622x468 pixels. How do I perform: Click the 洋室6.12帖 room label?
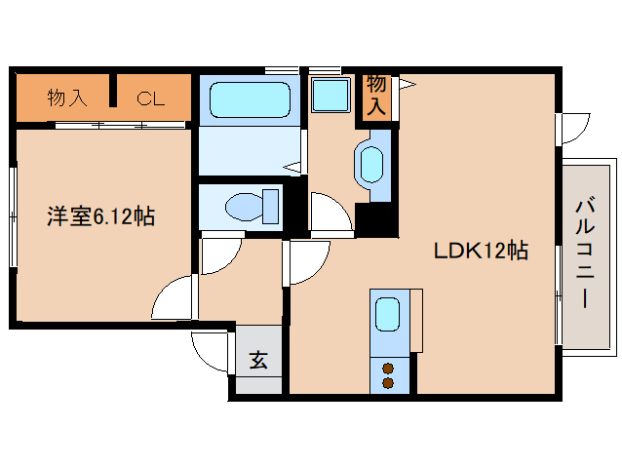[101, 216]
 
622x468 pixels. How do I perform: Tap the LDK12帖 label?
[481, 251]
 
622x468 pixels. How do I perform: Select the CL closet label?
[151, 98]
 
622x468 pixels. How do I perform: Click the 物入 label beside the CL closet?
[67, 97]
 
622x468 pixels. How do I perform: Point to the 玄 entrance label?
[258, 360]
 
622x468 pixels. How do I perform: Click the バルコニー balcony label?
[585, 253]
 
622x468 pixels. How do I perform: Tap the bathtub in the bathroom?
[250, 100]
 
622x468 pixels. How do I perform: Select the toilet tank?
[271, 207]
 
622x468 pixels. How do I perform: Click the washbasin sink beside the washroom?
[371, 165]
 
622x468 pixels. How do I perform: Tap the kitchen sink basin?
[387, 315]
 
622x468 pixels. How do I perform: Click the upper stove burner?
[388, 369]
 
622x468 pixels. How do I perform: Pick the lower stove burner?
[388, 383]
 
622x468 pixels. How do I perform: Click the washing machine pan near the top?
[330, 95]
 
